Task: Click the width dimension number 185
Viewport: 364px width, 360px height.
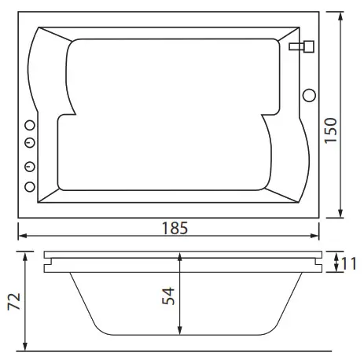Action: point(172,229)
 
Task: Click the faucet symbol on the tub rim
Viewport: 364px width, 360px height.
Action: point(299,47)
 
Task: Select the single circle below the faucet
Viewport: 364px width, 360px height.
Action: point(309,95)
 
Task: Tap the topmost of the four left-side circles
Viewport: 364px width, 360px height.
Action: point(31,126)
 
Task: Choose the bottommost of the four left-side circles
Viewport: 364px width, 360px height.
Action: point(31,186)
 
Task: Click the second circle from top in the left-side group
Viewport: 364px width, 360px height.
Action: point(31,142)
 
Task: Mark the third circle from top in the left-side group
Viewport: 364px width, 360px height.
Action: point(31,167)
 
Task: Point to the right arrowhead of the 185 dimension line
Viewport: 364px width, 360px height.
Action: point(317,235)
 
